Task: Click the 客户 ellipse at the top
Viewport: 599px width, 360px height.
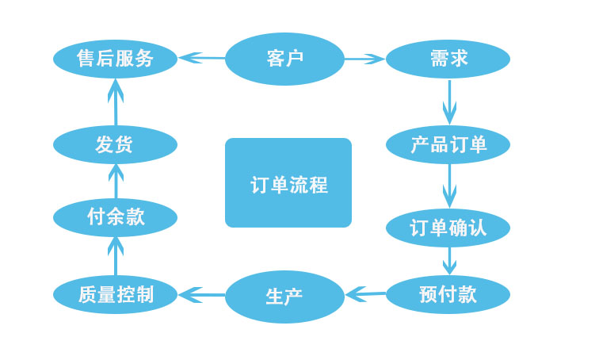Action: [x=284, y=59]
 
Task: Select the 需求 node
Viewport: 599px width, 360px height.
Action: [x=448, y=59]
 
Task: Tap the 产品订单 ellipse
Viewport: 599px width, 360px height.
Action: [x=448, y=144]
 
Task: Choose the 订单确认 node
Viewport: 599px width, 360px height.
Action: [x=448, y=228]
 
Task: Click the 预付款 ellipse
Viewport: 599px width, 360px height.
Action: [x=448, y=294]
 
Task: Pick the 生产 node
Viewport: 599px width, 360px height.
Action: [x=284, y=297]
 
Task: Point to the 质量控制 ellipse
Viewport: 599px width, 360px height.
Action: [x=116, y=295]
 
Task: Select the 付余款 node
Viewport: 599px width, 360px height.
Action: [x=116, y=216]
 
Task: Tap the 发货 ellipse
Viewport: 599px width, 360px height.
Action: [x=116, y=144]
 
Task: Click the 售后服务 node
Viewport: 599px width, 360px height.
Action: [x=116, y=59]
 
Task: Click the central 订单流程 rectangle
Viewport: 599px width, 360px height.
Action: [x=288, y=183]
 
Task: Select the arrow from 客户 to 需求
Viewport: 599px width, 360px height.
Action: [x=364, y=59]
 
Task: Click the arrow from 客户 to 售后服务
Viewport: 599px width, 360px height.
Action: [x=202, y=58]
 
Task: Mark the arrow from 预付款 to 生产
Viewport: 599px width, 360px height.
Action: [x=365, y=295]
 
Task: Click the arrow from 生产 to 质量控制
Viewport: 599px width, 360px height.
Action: [x=202, y=295]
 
